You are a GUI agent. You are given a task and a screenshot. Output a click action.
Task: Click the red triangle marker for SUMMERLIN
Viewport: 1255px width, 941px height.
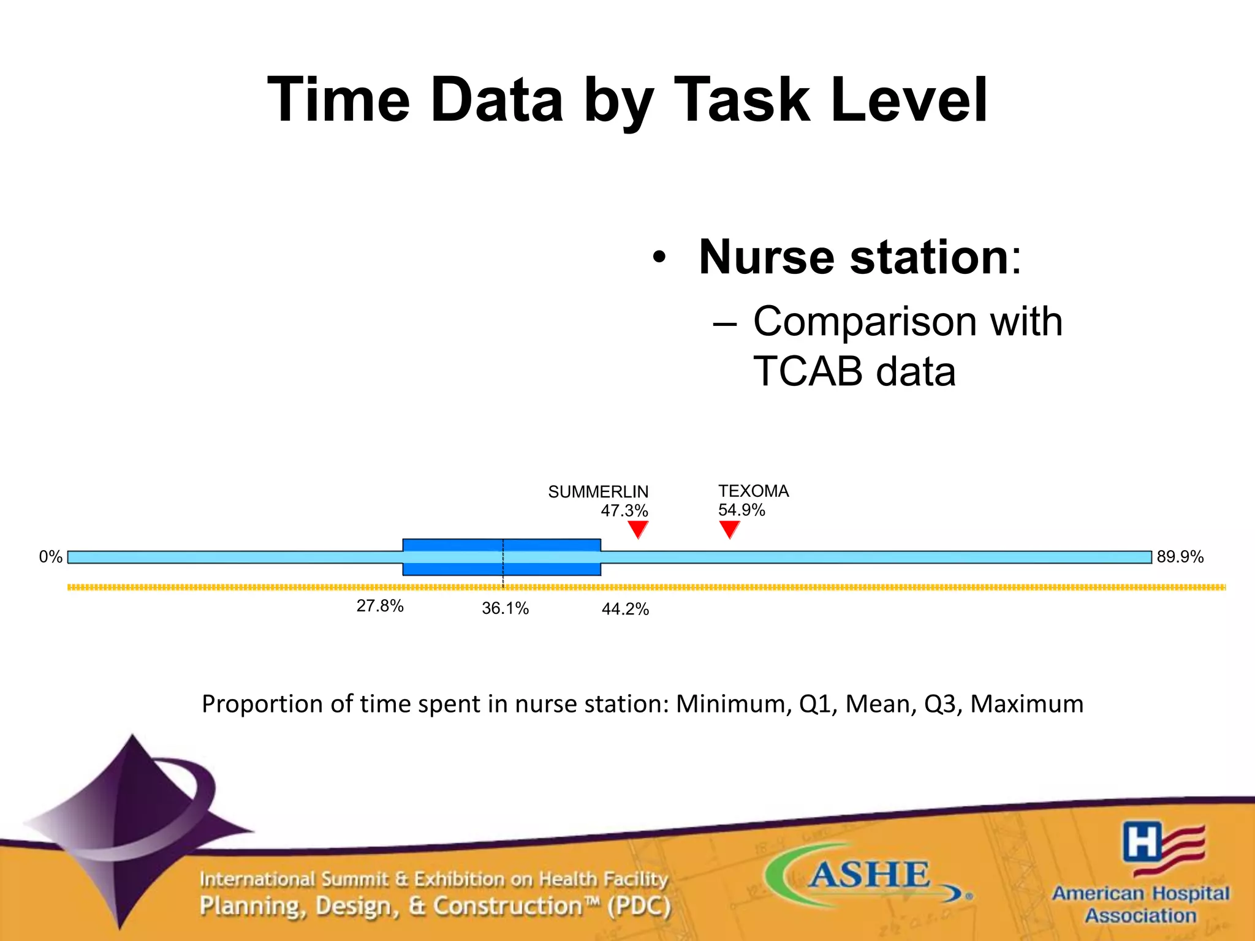coord(638,528)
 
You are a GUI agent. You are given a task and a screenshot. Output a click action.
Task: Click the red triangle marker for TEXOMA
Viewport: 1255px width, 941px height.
coord(729,528)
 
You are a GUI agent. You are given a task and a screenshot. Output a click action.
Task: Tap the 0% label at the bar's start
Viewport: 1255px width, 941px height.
coord(51,557)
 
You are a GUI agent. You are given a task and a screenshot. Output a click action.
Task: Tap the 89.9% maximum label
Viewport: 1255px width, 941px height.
coord(1180,557)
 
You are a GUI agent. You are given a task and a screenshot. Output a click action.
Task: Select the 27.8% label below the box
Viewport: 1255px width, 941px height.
coord(380,606)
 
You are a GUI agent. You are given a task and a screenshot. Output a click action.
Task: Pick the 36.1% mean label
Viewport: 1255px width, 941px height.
coord(505,608)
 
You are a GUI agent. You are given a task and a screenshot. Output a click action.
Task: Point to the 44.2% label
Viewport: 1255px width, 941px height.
coord(625,609)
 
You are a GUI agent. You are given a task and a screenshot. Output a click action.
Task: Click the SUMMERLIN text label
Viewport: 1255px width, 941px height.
coord(598,492)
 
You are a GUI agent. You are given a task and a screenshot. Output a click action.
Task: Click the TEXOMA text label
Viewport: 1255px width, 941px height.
coord(754,491)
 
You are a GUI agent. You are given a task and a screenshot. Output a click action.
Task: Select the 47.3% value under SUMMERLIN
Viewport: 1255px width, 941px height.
coord(624,510)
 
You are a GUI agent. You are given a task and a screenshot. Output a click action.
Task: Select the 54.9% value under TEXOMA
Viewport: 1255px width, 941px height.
coord(741,510)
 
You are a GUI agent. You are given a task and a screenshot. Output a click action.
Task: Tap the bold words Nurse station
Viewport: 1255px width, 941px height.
coord(854,257)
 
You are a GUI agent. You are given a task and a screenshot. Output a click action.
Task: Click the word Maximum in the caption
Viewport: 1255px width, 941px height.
coord(1026,704)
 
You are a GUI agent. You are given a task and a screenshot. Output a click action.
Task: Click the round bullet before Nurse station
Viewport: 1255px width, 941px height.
coord(659,257)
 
